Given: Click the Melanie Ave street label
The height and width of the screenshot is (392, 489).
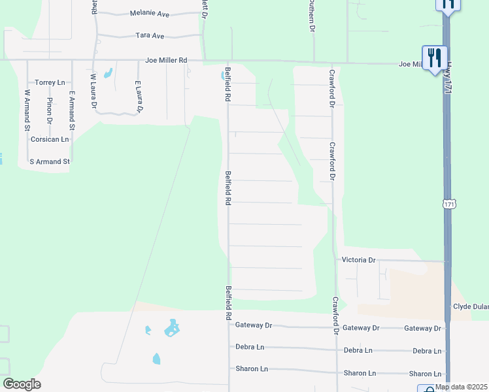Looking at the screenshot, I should (x=150, y=13).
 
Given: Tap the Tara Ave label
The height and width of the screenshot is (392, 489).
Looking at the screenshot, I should (x=150, y=36).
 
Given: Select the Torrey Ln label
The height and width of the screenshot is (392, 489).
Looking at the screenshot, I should (x=50, y=82).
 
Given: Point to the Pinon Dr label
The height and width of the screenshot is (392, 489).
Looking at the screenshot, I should (x=50, y=111).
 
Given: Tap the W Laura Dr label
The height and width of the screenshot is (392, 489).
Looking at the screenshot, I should (x=93, y=91).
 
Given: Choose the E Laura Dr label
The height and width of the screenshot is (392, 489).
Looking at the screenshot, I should (x=138, y=97).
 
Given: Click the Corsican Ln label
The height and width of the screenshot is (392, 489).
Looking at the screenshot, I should (x=50, y=139).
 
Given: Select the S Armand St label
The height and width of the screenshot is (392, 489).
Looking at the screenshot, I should (x=50, y=161).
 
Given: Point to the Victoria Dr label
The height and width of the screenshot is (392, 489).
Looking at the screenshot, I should (x=359, y=260).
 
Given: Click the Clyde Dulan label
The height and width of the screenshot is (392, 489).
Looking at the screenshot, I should (x=471, y=306).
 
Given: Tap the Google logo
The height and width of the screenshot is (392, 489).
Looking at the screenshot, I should (x=22, y=384).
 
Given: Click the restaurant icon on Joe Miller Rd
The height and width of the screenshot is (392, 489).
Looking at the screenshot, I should (x=434, y=57).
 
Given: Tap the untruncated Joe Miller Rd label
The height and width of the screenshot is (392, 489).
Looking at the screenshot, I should (x=166, y=61).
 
